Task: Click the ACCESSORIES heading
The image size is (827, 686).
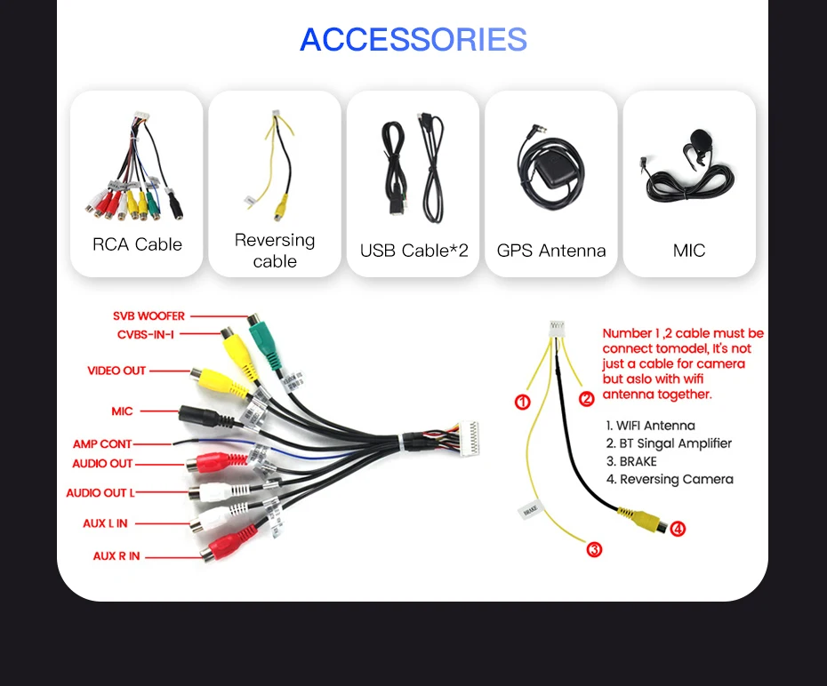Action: tap(413, 40)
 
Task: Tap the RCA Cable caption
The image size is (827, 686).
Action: tap(137, 244)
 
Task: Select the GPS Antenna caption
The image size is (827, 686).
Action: tap(551, 251)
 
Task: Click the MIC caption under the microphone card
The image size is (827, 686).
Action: tap(689, 251)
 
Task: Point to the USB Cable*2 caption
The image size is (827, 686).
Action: tap(413, 251)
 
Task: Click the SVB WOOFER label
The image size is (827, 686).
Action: tap(149, 315)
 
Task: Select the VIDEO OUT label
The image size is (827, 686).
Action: tap(116, 371)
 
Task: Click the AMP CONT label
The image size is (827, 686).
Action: tap(102, 443)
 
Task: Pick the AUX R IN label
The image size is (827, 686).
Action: tap(116, 556)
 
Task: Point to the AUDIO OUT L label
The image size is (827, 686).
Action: tap(100, 493)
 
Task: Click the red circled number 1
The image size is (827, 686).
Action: tap(523, 402)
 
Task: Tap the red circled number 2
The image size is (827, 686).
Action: tap(587, 399)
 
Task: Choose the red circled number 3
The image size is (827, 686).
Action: tap(595, 549)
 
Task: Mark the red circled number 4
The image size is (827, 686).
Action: tap(678, 529)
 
